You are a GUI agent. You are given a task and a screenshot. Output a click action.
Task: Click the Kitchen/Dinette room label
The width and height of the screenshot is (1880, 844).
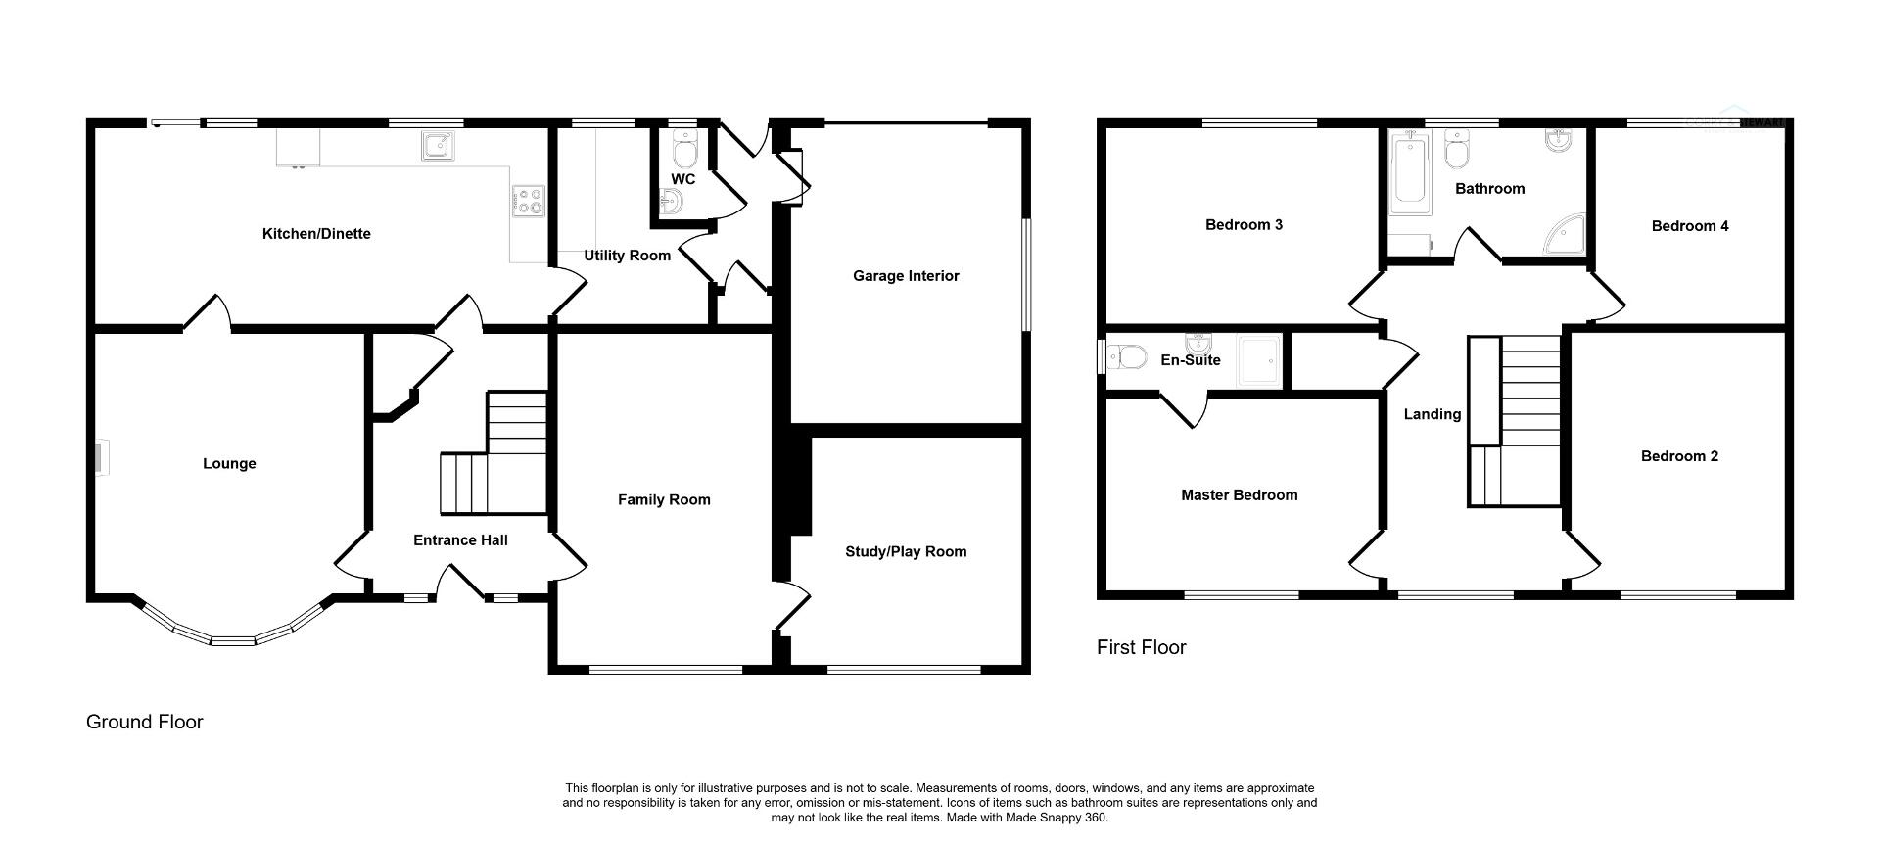click(x=316, y=234)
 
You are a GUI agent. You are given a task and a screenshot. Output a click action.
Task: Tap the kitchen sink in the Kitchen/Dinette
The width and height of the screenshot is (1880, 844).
click(x=438, y=145)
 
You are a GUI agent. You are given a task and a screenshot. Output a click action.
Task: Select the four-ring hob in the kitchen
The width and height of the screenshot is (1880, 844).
click(x=529, y=201)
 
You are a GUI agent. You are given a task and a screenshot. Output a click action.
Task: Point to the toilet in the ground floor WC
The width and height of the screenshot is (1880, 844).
click(x=685, y=152)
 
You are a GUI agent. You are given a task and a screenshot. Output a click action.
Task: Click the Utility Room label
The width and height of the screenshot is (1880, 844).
click(x=628, y=256)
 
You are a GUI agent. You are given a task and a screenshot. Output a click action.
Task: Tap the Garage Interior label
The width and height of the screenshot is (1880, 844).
click(x=906, y=276)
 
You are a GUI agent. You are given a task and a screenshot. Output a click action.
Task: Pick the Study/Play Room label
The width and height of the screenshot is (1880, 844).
click(x=906, y=552)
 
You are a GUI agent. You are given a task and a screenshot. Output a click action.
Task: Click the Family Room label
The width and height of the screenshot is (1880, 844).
click(x=664, y=500)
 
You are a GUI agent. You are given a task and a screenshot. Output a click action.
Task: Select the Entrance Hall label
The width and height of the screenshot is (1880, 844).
click(x=460, y=540)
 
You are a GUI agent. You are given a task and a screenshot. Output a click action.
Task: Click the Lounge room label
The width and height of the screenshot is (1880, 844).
click(x=229, y=464)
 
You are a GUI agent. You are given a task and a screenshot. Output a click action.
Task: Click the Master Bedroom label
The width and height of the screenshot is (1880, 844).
click(x=1239, y=495)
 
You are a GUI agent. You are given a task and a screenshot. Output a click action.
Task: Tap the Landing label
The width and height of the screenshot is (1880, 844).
click(x=1432, y=414)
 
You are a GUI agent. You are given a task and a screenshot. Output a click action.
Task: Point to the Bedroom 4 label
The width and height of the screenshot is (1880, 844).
click(x=1689, y=226)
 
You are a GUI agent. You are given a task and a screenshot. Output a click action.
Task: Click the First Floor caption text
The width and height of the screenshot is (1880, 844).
click(x=1141, y=647)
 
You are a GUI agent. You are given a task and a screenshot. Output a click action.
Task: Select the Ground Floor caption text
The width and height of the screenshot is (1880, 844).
click(x=145, y=722)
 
